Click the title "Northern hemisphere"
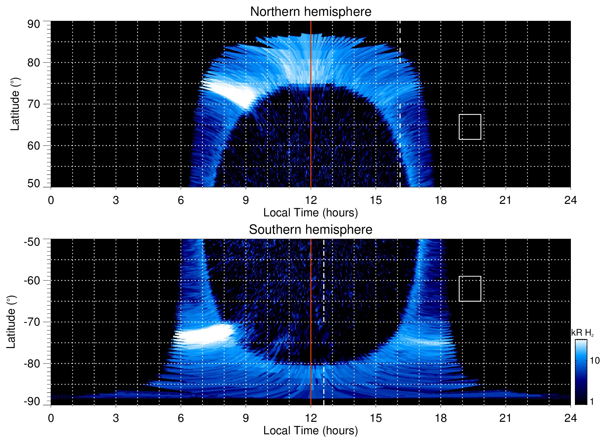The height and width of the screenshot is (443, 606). (310, 12)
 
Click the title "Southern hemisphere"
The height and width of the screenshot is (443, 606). (310, 230)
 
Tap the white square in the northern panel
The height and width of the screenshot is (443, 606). (470, 127)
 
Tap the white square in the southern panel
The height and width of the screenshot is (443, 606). (470, 289)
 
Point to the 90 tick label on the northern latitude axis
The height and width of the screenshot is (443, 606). (34, 24)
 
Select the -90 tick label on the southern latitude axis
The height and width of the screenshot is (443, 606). (32, 402)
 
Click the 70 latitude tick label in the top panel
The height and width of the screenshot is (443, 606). (34, 104)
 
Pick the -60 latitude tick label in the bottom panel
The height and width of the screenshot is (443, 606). (32, 280)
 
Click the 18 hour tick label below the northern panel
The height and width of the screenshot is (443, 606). (441, 200)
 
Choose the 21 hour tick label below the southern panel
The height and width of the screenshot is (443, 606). (506, 418)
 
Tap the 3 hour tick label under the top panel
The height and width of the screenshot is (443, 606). (116, 200)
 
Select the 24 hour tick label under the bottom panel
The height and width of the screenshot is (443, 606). (570, 418)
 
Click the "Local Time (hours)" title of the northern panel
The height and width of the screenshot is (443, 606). (310, 213)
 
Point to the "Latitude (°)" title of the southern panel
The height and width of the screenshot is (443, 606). (11, 322)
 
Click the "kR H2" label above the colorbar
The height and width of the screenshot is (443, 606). (582, 333)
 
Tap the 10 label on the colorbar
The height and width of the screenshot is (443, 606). (595, 361)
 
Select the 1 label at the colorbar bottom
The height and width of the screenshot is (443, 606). (592, 402)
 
